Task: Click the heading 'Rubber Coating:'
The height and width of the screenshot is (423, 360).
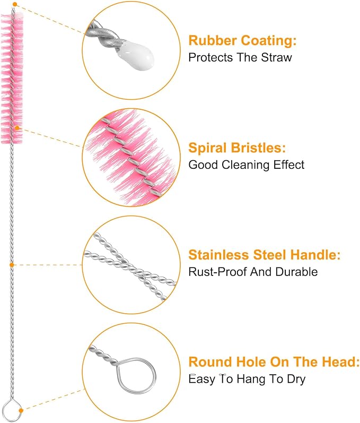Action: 242,40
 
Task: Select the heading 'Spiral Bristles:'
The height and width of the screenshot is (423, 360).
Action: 237,148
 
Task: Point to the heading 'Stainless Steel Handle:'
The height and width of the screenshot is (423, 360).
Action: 265,255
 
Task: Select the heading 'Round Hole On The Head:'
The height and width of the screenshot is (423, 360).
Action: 274,362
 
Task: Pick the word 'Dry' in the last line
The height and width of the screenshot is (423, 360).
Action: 296,379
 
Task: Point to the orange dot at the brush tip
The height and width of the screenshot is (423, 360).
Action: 15,4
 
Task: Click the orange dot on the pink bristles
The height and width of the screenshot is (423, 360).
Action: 17,128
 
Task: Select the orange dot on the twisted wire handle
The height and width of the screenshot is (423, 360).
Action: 12,265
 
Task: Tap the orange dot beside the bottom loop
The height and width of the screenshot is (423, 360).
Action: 21,411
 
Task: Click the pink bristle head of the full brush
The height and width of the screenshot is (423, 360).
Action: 12,78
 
